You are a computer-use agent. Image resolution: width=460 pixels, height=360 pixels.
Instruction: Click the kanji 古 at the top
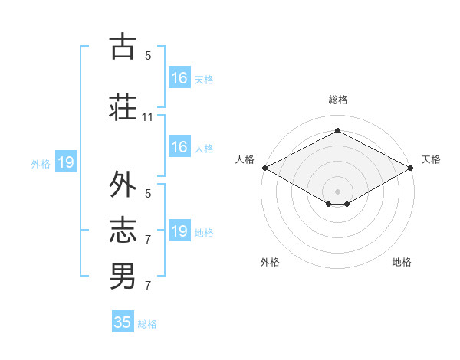tap(123, 47)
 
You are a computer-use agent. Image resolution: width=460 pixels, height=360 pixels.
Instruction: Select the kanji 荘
tap(123, 106)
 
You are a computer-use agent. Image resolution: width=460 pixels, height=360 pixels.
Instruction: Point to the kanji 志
tap(123, 231)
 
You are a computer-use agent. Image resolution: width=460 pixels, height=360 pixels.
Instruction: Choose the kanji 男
tap(123, 276)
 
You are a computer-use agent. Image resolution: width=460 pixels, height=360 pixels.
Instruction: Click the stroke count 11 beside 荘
tap(148, 117)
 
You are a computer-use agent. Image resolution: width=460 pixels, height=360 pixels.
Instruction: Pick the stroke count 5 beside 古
tap(148, 56)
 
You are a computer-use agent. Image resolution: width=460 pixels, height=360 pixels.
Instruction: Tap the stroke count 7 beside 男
tap(148, 286)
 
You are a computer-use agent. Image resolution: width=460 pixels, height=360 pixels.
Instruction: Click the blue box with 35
tap(123, 322)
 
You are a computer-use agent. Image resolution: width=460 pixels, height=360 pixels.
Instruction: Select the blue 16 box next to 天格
tap(179, 78)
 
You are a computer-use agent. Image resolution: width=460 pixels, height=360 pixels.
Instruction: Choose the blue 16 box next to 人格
tap(179, 147)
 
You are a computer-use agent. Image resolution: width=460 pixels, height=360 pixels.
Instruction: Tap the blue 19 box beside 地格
tap(179, 231)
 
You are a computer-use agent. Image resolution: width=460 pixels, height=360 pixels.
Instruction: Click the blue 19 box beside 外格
tap(65, 162)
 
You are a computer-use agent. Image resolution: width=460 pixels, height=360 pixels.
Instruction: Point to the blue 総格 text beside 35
tap(147, 323)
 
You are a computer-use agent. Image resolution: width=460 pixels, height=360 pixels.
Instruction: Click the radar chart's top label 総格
tap(337, 100)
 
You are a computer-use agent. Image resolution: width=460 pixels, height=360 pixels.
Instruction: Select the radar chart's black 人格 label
tap(245, 159)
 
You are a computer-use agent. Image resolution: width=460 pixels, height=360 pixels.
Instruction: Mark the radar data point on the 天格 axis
tap(411, 168)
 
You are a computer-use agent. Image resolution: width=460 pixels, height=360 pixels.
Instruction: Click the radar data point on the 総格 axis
tap(337, 131)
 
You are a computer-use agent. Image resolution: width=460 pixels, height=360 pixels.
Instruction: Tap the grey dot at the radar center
tap(337, 190)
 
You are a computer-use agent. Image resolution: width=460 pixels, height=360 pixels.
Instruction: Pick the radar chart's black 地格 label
tap(402, 262)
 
